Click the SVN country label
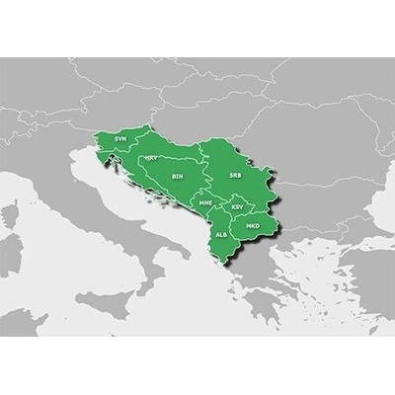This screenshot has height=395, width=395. pyautogui.click(x=119, y=139)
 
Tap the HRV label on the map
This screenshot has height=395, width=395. pyautogui.click(x=151, y=157)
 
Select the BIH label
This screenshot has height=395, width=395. pyautogui.click(x=177, y=177)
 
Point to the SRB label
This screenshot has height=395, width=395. pyautogui.click(x=234, y=175)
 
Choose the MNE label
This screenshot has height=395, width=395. pyautogui.click(x=205, y=202)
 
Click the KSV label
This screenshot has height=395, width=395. pyautogui.click(x=237, y=206)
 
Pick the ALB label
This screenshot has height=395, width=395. pyautogui.click(x=221, y=235)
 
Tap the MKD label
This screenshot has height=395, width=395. pyautogui.click(x=252, y=226)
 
